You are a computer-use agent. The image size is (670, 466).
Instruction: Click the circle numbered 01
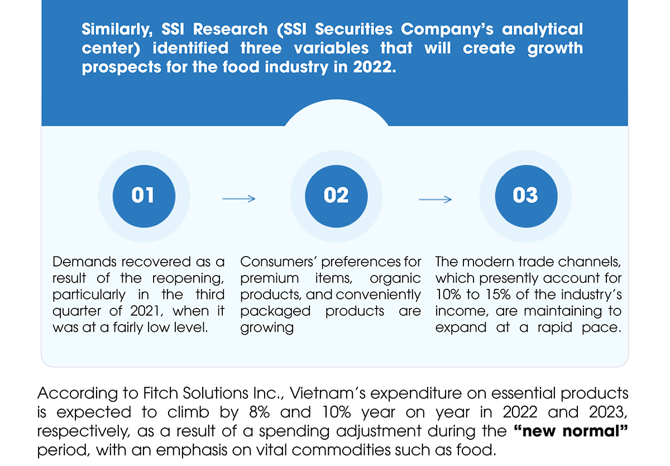[x=143, y=195]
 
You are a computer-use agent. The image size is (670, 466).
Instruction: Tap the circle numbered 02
[x=336, y=195]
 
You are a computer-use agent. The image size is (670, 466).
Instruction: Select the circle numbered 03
[x=525, y=195]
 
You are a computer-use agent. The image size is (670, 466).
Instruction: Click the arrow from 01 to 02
[x=239, y=199]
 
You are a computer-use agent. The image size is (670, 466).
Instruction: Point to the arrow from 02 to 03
[x=435, y=199]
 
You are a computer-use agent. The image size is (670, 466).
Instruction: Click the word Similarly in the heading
[x=111, y=29]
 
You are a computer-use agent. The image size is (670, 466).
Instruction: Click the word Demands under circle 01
[x=84, y=261]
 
